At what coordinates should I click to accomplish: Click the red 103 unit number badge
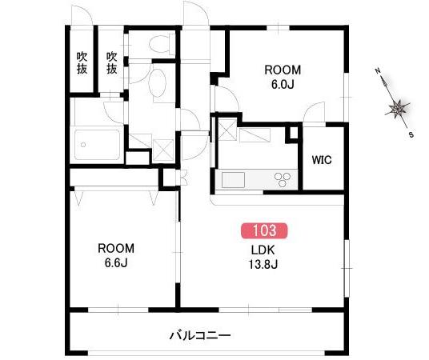click(x=264, y=230)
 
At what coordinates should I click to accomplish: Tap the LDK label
click(x=263, y=250)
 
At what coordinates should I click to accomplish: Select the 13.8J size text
click(x=263, y=265)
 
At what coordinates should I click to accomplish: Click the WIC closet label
click(x=322, y=160)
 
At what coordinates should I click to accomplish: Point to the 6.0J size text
click(x=283, y=85)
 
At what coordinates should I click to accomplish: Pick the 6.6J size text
click(x=116, y=262)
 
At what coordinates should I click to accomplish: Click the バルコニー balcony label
click(x=200, y=335)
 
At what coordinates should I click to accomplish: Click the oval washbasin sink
click(x=158, y=82)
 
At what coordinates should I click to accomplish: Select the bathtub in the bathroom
click(x=97, y=145)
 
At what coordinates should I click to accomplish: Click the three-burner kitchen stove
click(x=283, y=179)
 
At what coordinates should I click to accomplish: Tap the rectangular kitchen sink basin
click(x=233, y=180)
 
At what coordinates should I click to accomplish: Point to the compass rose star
click(x=397, y=109)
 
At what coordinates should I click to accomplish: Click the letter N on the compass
click(x=378, y=71)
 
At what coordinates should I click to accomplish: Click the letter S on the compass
click(x=411, y=134)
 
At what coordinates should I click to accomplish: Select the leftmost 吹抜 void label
click(x=82, y=63)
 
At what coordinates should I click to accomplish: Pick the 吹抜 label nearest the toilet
click(x=111, y=63)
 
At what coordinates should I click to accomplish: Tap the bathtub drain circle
click(x=83, y=145)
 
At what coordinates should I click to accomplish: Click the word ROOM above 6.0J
click(x=283, y=70)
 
